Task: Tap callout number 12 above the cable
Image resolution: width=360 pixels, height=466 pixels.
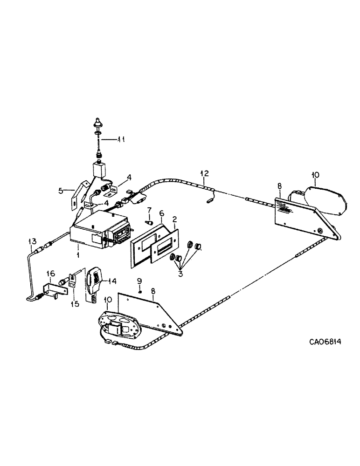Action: [x=204, y=175]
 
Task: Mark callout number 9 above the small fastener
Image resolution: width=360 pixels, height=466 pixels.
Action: [x=138, y=281]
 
